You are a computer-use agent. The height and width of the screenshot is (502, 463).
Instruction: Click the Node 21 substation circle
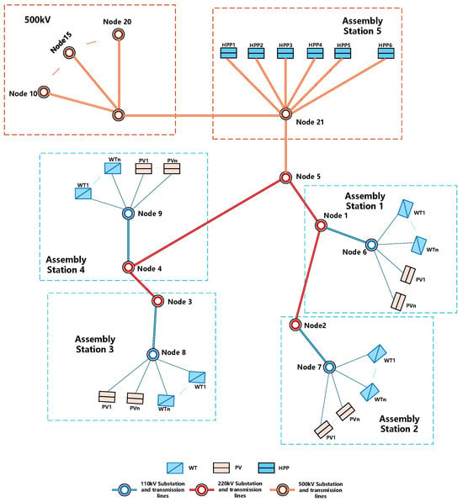285,114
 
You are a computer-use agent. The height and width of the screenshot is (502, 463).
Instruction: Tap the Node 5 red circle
285,177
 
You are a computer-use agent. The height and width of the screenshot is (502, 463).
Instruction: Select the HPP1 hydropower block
229,53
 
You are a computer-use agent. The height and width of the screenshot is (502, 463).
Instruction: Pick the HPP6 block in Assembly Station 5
386,53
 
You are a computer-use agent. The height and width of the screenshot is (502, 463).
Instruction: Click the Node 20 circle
119,34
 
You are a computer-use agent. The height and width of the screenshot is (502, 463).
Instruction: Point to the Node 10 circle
44,92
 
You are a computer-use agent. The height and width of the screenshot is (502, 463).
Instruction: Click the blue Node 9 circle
129,214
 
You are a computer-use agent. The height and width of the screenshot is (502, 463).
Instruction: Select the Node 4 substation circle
129,267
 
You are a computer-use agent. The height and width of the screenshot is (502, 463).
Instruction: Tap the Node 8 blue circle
153,354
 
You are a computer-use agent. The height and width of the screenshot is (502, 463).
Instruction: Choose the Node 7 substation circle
329,367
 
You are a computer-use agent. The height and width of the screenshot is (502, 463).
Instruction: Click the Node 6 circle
371,245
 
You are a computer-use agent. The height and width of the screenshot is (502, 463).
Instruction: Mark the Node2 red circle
295,325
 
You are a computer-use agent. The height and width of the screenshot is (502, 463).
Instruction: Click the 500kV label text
38,20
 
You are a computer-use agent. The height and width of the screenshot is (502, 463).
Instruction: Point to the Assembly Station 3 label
95,344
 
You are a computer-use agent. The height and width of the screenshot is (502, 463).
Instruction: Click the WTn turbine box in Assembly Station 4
113,168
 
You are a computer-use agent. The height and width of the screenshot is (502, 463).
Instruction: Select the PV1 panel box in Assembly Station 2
323,430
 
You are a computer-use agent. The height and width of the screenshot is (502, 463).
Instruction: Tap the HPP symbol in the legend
267,468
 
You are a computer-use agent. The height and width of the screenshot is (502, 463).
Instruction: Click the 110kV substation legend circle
125,490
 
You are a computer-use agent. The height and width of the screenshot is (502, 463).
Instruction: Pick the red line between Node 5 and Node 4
207,222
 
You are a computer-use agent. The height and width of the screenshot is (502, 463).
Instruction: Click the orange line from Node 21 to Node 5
285,145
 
